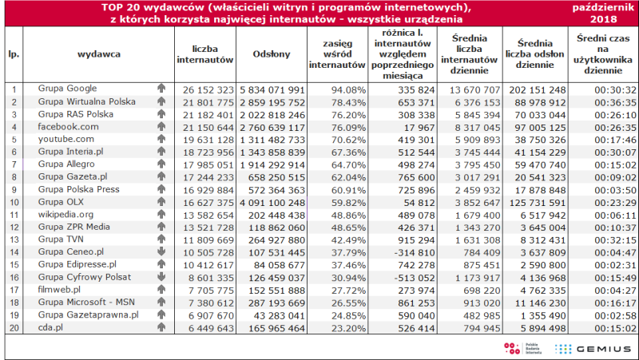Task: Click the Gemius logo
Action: coord(592,349)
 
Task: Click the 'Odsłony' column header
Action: coord(272,54)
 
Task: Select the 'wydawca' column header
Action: coord(99,54)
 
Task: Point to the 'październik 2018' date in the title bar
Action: coord(604,14)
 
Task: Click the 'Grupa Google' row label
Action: coord(67,89)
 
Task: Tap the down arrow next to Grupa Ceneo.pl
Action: coord(161,251)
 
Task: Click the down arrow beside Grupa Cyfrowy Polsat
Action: coord(161,276)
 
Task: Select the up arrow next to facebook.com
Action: coord(161,126)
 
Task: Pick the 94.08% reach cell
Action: coord(348,89)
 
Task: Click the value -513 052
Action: coord(415,278)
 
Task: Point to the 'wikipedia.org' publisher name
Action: coord(65,214)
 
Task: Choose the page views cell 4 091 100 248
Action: coord(272,203)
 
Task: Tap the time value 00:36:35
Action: coord(615,102)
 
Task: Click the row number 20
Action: coord(14,328)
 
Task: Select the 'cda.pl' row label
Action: coord(50,327)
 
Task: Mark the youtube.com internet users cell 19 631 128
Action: coord(208,140)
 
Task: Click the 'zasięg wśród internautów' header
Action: coord(337,54)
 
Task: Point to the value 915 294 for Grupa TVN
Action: coord(416,240)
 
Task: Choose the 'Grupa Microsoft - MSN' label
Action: coord(86,303)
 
